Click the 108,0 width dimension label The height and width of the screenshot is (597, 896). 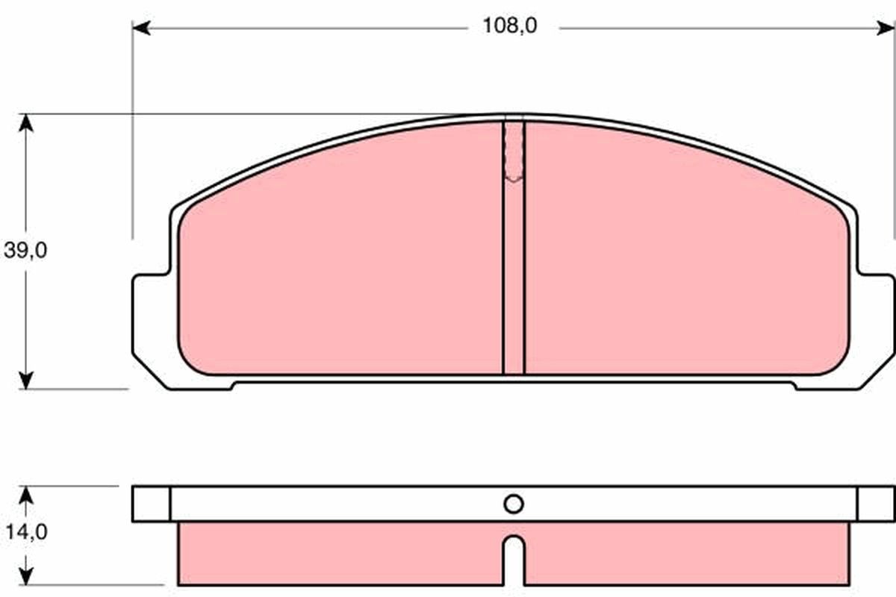pyautogui.click(x=510, y=26)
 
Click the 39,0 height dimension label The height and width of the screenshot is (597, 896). pyautogui.click(x=25, y=251)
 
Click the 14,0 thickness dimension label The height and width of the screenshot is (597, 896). pyautogui.click(x=25, y=532)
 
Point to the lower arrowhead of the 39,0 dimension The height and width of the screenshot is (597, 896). pyautogui.click(x=26, y=380)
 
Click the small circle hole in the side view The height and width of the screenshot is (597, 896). pyautogui.click(x=514, y=504)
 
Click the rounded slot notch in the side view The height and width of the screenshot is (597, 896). pyautogui.click(x=514, y=560)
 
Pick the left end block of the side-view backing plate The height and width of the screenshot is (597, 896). pyautogui.click(x=152, y=504)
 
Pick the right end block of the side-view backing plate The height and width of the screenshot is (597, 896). pyautogui.click(x=875, y=504)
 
